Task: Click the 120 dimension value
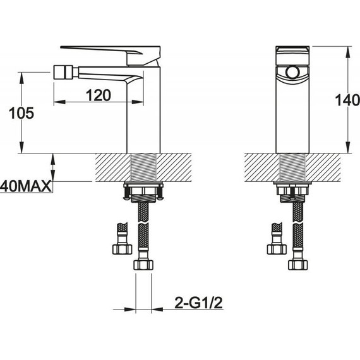99,95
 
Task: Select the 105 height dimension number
21,113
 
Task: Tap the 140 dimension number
347,100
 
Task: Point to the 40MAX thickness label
25,186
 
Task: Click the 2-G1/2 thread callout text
198,303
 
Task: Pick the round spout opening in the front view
292,73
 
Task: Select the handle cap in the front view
292,56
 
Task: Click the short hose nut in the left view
122,249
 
